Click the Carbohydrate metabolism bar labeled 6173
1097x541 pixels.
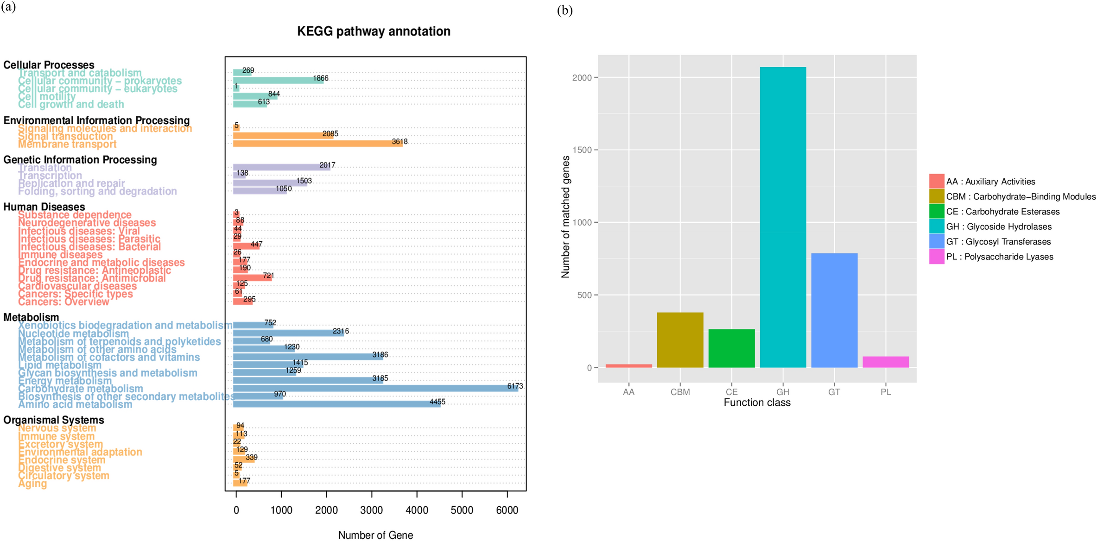375,389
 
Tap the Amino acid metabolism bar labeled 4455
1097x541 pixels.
336,404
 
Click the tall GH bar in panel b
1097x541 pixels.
783,218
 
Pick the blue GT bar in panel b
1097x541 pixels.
834,310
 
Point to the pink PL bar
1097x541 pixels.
885,362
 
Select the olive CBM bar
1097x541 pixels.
680,340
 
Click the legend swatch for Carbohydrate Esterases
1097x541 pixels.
936,211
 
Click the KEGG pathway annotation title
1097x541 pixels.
374,31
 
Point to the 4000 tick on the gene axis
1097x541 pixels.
417,510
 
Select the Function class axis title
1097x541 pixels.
757,403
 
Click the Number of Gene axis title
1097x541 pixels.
375,535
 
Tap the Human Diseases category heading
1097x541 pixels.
44,207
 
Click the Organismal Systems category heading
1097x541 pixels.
53,420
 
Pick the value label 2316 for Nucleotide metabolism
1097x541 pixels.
341,331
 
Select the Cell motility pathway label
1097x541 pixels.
46,96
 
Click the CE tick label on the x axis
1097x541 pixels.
731,392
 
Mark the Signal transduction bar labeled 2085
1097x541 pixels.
283,136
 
